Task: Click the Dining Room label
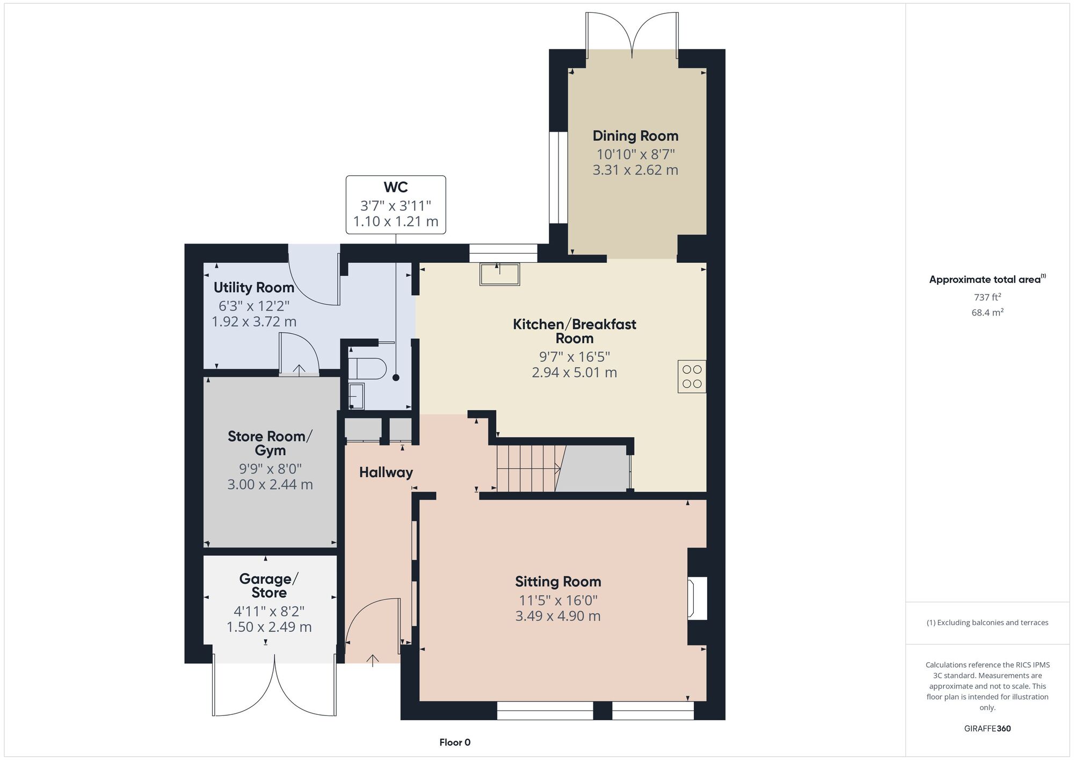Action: [635, 136]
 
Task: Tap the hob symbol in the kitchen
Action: [692, 376]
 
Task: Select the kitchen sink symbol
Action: [500, 274]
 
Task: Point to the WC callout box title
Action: [396, 187]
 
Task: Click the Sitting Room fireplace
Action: [698, 598]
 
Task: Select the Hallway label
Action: [386, 472]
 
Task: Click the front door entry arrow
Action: [373, 661]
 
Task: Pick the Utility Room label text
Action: [254, 288]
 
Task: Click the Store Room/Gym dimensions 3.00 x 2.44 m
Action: [270, 484]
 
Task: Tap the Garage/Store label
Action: [269, 586]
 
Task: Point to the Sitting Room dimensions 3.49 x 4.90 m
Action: [558, 616]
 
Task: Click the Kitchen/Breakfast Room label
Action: [575, 331]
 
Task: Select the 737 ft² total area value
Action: [988, 297]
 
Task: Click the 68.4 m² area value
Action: [988, 312]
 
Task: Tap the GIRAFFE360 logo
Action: [988, 729]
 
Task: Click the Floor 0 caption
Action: [455, 742]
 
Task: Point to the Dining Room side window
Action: [558, 177]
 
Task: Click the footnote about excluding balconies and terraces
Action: [988, 622]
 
